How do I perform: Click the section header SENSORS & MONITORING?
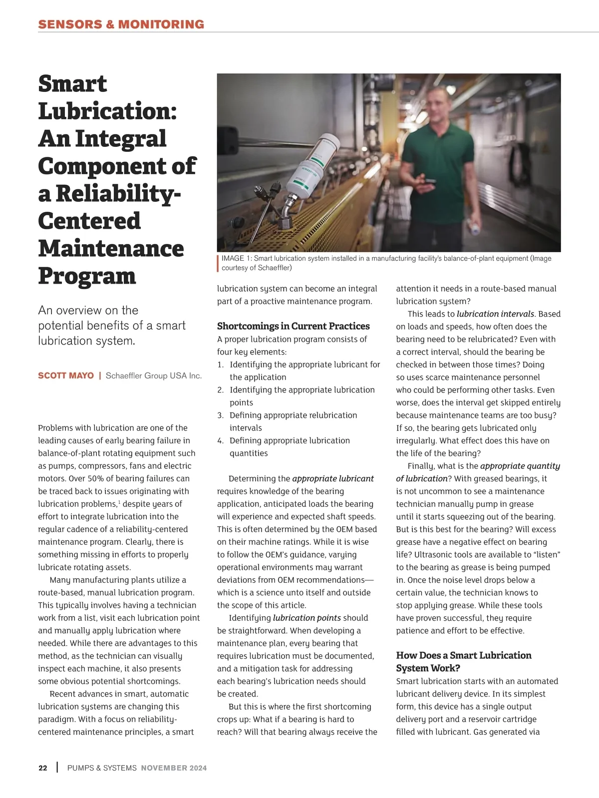click(x=121, y=24)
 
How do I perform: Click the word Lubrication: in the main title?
click(x=107, y=111)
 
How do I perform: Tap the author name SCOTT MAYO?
click(x=65, y=376)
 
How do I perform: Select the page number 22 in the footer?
click(x=43, y=768)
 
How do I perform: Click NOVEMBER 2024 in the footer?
click(x=174, y=768)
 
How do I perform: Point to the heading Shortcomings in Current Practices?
click(x=293, y=326)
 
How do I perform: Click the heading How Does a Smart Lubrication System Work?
click(x=463, y=661)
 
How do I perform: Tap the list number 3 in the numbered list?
click(x=220, y=415)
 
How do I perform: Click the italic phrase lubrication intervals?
click(x=496, y=314)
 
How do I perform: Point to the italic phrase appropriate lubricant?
click(x=332, y=478)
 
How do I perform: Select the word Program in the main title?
click(x=87, y=276)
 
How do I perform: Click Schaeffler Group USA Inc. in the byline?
click(x=154, y=376)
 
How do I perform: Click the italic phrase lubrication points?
click(x=306, y=618)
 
